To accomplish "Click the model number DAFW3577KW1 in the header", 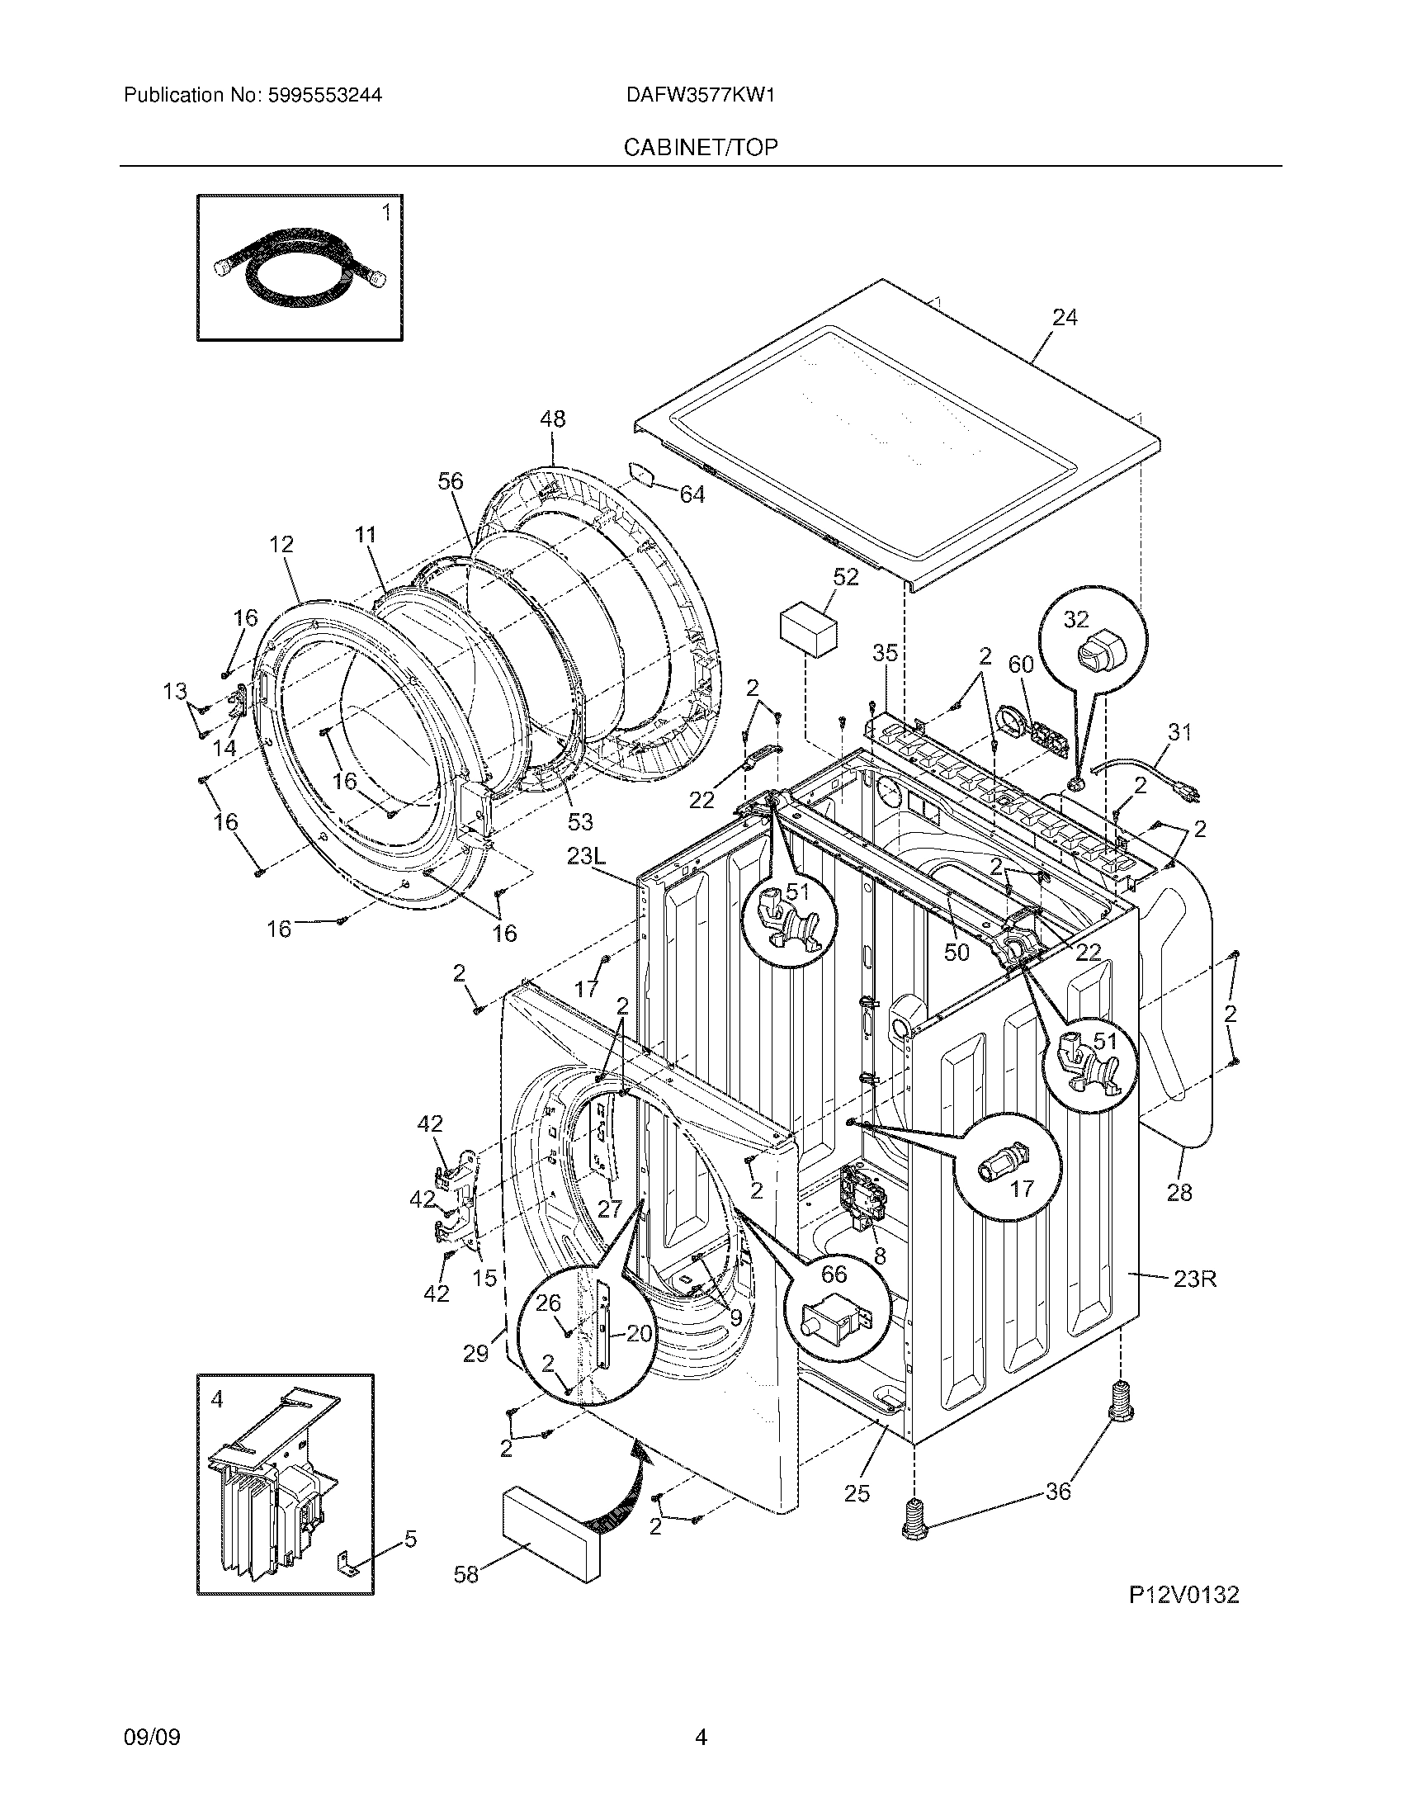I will (x=701, y=95).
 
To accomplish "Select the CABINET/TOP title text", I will (x=701, y=147).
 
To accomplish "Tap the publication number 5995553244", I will (x=325, y=95).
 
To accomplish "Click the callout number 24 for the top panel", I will (x=1065, y=317).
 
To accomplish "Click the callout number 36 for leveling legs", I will (x=1057, y=1492).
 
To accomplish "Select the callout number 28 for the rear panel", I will (x=1179, y=1193).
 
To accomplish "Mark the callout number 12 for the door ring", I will (x=281, y=545).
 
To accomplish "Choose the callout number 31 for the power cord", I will (x=1179, y=731).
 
